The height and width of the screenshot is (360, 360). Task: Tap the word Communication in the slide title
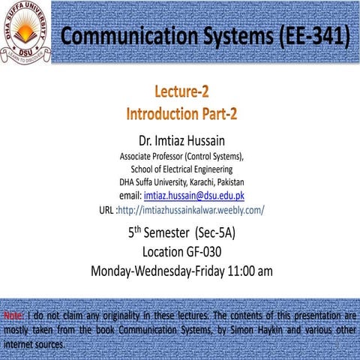pyautogui.click(x=125, y=35)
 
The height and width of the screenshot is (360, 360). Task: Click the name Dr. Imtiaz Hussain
pyautogui.click(x=181, y=140)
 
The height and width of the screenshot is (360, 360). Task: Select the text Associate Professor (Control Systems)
pyautogui.click(x=181, y=157)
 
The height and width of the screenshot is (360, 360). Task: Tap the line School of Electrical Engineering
pyautogui.click(x=181, y=169)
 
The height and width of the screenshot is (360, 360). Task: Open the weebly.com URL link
pyautogui.click(x=191, y=209)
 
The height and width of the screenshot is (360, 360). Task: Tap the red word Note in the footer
pyautogui.click(x=12, y=315)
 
